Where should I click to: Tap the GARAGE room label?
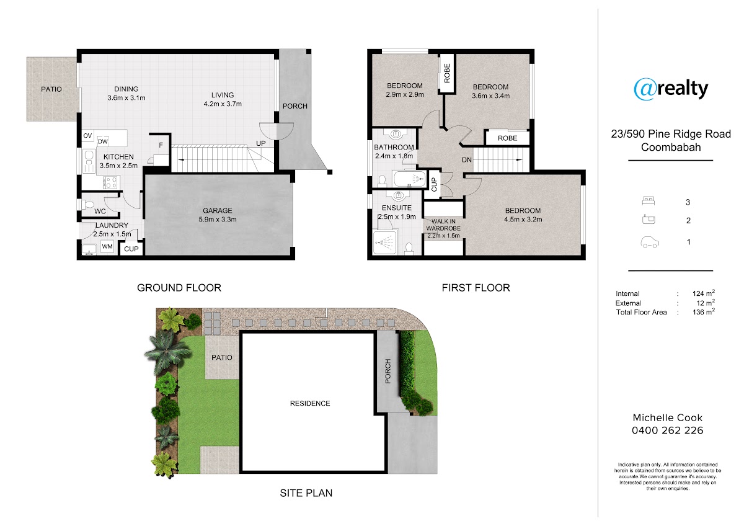click(218, 210)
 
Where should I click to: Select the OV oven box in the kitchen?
click(87, 136)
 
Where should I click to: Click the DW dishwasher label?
click(103, 141)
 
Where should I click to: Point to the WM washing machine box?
click(107, 246)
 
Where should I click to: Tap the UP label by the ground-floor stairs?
click(261, 143)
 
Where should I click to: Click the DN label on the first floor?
click(467, 160)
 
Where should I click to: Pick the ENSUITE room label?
click(397, 208)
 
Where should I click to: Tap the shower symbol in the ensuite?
click(384, 242)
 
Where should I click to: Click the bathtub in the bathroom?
click(410, 179)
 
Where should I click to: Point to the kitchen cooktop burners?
click(110, 182)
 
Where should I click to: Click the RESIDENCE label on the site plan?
click(310, 403)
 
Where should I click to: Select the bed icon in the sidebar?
click(649, 201)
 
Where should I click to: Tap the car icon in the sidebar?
click(650, 243)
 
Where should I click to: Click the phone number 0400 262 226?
click(668, 430)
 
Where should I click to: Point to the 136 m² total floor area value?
click(704, 311)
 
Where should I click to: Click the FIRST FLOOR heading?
click(476, 288)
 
